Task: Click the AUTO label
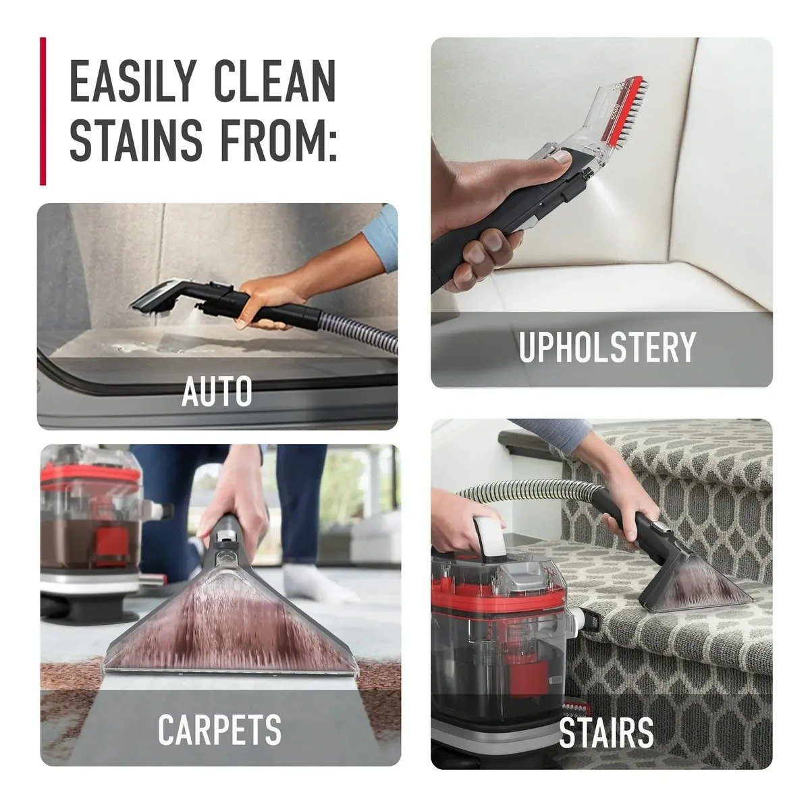click(217, 391)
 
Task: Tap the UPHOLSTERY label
click(607, 347)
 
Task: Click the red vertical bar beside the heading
click(43, 111)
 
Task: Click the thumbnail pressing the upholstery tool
click(561, 158)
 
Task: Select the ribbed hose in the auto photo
click(358, 328)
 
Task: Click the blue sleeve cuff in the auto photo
click(381, 237)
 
